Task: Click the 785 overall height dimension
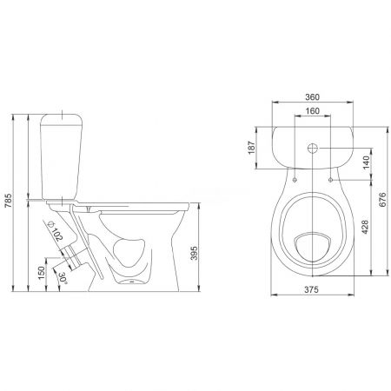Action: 9,200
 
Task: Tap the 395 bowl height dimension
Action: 195,253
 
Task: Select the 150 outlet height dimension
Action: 42,273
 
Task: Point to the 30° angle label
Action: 63,278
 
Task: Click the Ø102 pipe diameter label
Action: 55,231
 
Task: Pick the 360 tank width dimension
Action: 312,97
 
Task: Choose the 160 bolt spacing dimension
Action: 312,111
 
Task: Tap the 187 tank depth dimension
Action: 252,148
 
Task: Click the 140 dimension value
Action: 366,162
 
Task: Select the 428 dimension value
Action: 366,227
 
